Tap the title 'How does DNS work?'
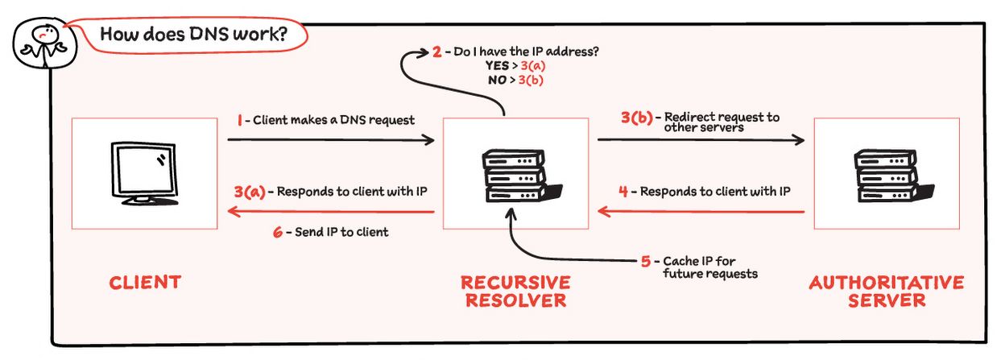tap(193, 35)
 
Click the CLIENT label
tap(145, 283)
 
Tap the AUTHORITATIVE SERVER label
tap(886, 292)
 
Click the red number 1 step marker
tap(240, 120)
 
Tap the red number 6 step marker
tap(277, 232)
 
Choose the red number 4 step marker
tap(623, 192)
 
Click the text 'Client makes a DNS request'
tap(334, 120)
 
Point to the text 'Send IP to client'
tap(342, 232)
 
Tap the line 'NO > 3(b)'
tap(515, 80)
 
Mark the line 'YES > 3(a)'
tap(515, 66)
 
